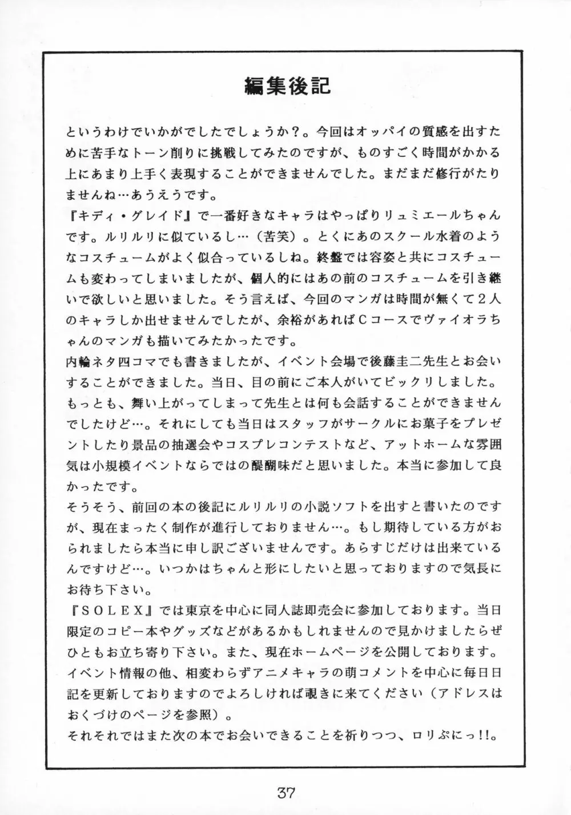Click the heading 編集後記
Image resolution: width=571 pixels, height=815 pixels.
287,86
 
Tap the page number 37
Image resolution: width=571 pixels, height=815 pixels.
286,792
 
